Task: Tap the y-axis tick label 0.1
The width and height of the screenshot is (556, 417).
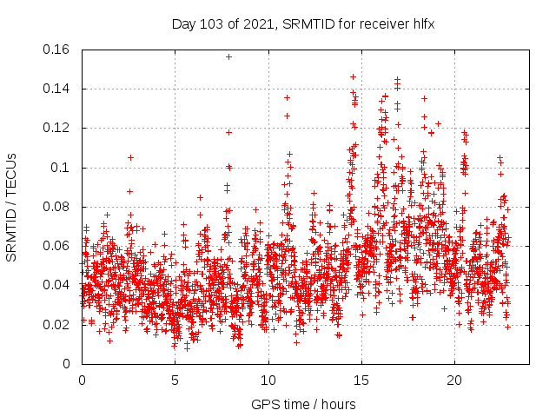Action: [x=63, y=168]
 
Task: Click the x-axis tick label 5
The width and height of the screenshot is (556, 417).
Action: [x=175, y=381]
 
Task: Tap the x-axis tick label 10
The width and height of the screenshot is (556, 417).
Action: [x=268, y=381]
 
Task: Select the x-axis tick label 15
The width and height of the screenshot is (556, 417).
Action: [x=361, y=381]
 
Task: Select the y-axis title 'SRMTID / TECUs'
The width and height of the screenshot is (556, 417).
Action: [x=11, y=207]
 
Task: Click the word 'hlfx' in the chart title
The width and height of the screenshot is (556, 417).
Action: [x=422, y=24]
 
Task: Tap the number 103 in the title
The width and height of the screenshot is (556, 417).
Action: [x=211, y=24]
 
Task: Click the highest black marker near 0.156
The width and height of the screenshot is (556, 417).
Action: [x=228, y=56]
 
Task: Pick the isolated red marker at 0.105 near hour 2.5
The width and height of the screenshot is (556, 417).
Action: [x=130, y=157]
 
